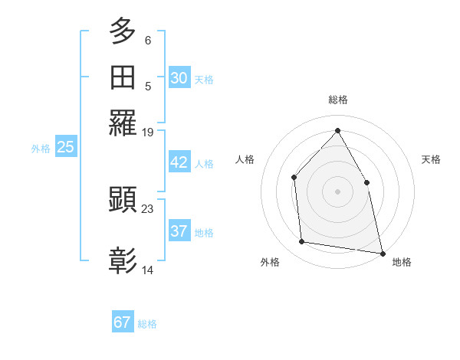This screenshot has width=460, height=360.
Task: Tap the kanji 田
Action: coord(123,77)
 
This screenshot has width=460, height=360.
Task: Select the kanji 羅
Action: coord(123,123)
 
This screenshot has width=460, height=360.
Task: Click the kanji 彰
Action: coord(123,260)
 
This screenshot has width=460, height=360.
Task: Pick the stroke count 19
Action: coord(148,133)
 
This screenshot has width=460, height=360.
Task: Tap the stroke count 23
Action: coord(148,209)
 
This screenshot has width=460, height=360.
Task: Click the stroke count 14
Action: coord(148,270)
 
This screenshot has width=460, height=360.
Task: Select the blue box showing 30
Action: coord(179,78)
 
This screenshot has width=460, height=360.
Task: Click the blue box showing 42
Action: coord(179,162)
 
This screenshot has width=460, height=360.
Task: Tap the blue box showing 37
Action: coord(179,231)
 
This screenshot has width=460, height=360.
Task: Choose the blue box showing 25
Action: coord(65,147)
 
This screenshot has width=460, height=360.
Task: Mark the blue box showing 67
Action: coord(122,322)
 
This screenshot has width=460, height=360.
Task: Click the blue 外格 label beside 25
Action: coord(41,149)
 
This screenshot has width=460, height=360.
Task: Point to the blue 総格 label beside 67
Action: coord(147,324)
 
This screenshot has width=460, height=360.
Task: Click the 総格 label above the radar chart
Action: coord(337,100)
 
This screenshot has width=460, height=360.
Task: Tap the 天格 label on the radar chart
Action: coord(431,159)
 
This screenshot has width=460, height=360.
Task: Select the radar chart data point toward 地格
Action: coord(382,253)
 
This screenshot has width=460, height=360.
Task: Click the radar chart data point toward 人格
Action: coord(294,178)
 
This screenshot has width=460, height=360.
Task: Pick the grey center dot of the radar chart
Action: coord(337,191)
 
